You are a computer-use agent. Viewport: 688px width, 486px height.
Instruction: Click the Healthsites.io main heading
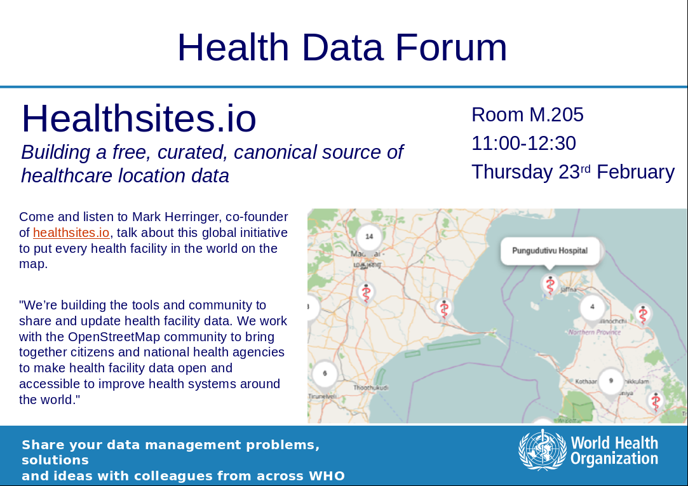tap(138, 118)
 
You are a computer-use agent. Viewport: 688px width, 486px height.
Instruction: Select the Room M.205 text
tap(527, 115)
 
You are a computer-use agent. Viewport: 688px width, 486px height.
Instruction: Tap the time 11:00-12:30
tap(523, 144)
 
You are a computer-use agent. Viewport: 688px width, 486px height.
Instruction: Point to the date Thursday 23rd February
tap(572, 172)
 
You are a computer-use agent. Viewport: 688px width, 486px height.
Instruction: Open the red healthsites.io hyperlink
tap(71, 233)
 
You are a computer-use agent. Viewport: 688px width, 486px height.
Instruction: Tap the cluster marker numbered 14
tap(368, 237)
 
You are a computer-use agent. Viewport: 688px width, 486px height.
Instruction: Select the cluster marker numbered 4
tap(592, 307)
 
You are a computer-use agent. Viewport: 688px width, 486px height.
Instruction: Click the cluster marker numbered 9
tap(610, 381)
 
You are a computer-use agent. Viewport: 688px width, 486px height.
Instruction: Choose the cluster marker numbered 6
tap(325, 373)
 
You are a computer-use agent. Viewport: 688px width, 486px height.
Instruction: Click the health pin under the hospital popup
tap(550, 284)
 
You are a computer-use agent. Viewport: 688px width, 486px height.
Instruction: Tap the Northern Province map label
tap(594, 332)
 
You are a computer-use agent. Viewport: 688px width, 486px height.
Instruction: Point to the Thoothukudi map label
tap(370, 388)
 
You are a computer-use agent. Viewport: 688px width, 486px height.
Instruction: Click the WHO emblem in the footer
tap(541, 450)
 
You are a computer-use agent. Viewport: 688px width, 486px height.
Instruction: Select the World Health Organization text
tap(614, 450)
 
